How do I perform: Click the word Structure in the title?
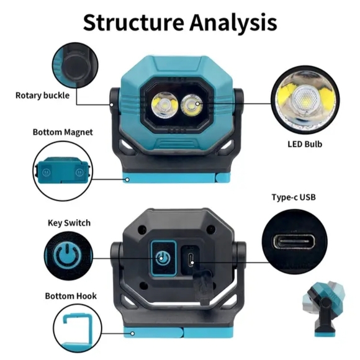133,22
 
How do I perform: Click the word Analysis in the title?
233,23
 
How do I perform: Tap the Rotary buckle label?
42,96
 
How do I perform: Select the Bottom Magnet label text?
63,132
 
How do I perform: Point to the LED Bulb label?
305,144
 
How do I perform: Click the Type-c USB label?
294,197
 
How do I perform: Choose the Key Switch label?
69,223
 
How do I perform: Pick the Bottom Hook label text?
71,296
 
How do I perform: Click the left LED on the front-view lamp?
165,104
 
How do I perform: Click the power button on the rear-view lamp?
161,258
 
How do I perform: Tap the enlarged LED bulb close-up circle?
305,100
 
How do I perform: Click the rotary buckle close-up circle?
75,65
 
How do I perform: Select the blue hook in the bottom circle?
77,333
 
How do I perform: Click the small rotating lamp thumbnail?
326,309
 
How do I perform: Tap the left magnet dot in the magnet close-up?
46,172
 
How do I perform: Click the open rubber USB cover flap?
202,287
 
